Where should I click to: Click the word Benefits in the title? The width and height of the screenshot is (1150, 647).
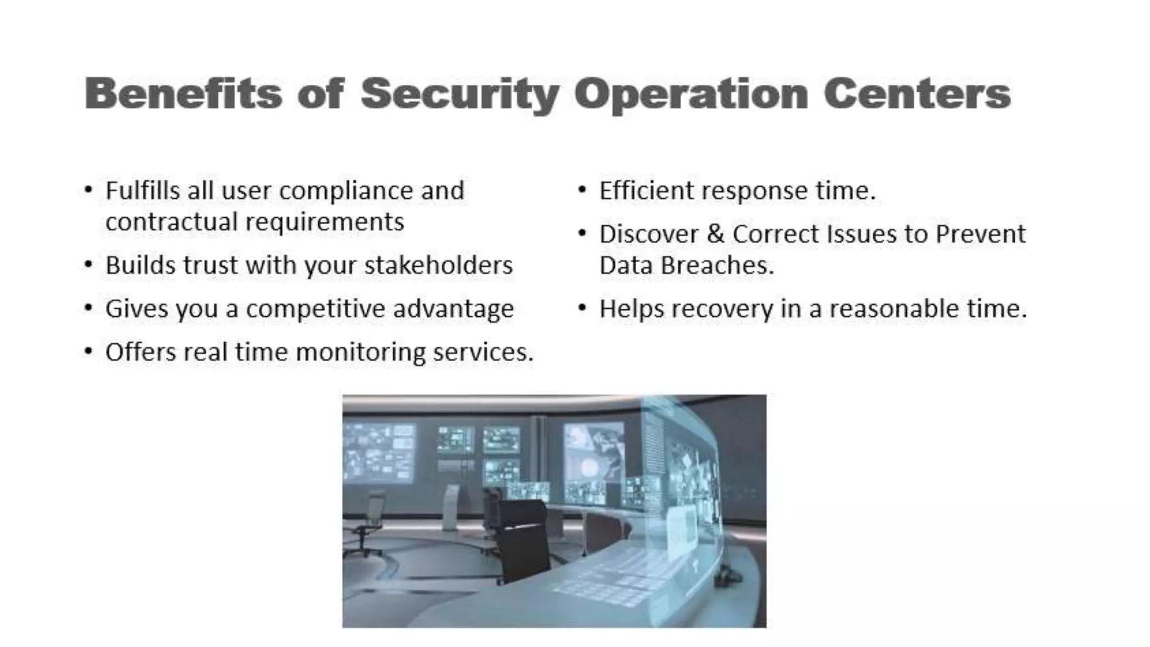coord(183,93)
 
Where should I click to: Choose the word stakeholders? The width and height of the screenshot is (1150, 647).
coord(439,265)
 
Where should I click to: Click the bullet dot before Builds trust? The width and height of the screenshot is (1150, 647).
coord(88,264)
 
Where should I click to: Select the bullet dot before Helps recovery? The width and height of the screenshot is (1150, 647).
coord(582,308)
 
